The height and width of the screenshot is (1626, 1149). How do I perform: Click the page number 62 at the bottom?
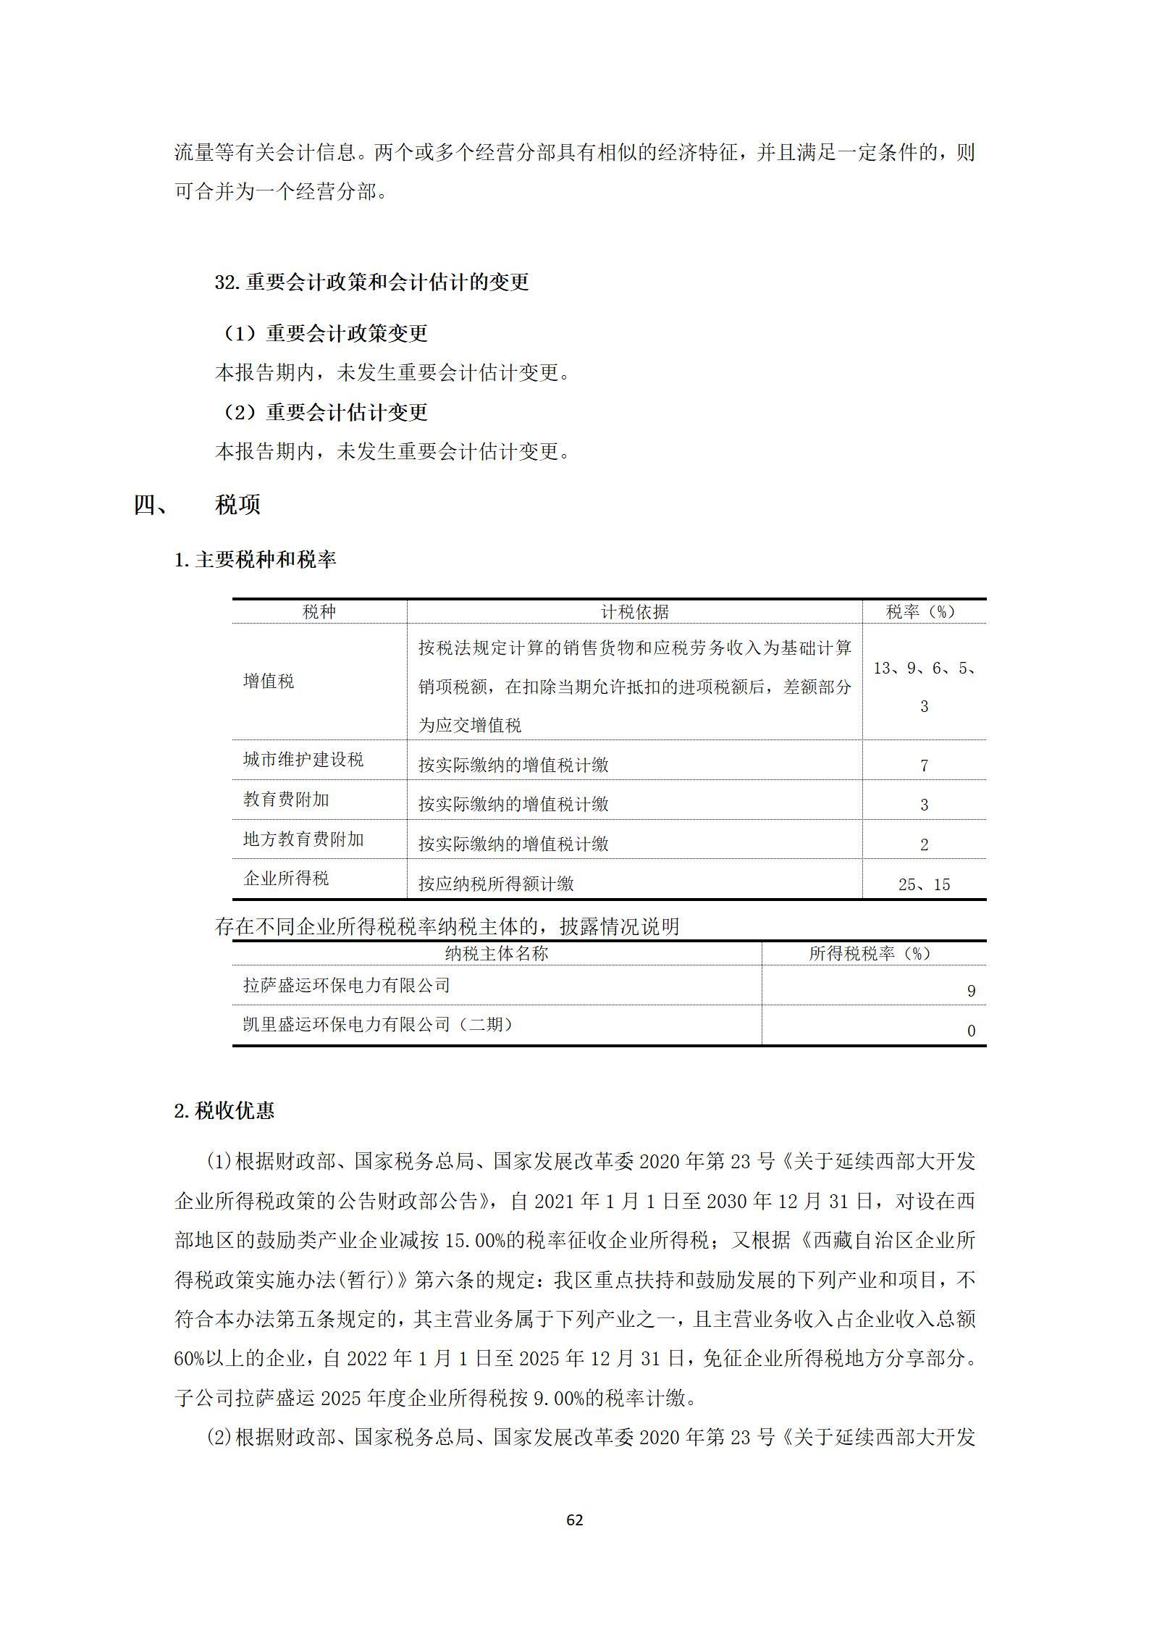(x=574, y=1520)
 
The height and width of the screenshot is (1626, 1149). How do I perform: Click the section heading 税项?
(x=237, y=505)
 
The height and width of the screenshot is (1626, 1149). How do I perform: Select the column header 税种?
(x=319, y=612)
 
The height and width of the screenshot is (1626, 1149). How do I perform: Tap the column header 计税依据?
(x=634, y=612)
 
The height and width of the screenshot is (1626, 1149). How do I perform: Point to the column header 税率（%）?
(x=923, y=612)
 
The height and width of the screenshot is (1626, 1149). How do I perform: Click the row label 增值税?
(x=269, y=682)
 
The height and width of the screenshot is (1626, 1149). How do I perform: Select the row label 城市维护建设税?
(x=303, y=760)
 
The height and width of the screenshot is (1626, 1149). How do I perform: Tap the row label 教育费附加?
(x=286, y=800)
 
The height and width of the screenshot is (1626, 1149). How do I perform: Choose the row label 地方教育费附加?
(x=303, y=839)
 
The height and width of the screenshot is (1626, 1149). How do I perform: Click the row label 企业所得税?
(x=286, y=879)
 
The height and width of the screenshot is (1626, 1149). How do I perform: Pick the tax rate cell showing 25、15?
(x=924, y=884)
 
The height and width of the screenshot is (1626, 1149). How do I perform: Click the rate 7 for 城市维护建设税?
(x=924, y=766)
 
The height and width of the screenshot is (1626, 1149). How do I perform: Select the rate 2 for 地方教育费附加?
(x=924, y=845)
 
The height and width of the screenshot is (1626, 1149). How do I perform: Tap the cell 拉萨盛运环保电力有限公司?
(x=347, y=985)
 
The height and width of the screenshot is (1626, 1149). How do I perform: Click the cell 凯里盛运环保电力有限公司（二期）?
(x=378, y=1025)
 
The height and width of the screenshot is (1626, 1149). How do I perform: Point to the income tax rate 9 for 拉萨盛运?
(x=971, y=991)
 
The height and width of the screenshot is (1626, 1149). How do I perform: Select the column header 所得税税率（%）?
(x=873, y=954)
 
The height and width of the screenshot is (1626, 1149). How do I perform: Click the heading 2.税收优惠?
(x=224, y=1111)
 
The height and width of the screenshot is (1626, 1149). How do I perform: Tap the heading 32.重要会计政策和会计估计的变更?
(x=372, y=282)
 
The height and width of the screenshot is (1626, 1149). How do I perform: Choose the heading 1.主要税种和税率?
(x=256, y=560)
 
